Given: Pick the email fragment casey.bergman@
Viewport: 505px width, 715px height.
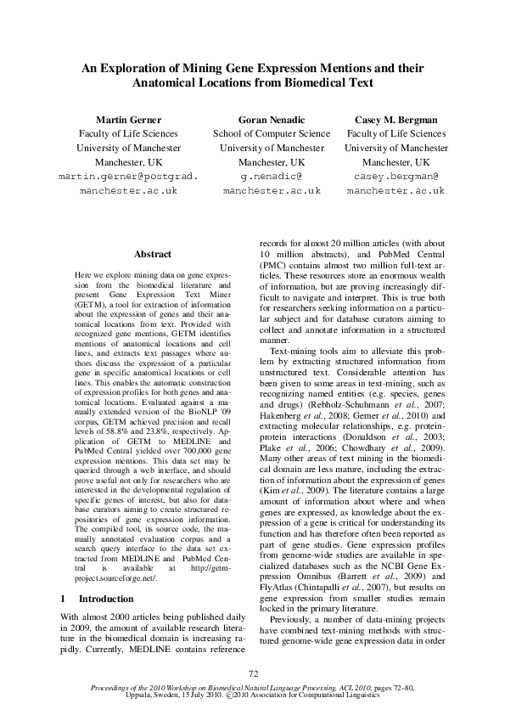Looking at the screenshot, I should coord(396,177).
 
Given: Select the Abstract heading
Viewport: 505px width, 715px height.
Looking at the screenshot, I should coord(153,254).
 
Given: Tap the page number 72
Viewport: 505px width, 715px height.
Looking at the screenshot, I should coord(252,673).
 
